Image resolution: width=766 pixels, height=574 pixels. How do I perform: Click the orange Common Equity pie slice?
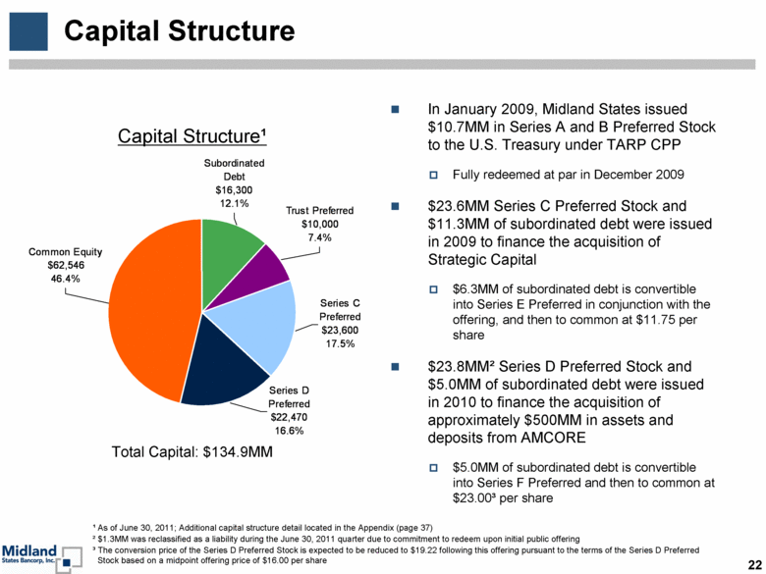pyautogui.click(x=151, y=312)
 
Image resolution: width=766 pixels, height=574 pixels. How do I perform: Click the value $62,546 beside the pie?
pyautogui.click(x=66, y=266)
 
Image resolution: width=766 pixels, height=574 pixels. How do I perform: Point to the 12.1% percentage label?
pyautogui.click(x=234, y=203)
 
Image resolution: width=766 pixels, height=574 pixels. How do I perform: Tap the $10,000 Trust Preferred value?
pyautogui.click(x=320, y=224)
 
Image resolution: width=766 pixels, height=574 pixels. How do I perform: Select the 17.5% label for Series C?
pyautogui.click(x=341, y=344)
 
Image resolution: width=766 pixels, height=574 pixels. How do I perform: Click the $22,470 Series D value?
pyautogui.click(x=289, y=417)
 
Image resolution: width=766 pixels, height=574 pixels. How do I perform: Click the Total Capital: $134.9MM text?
pyautogui.click(x=191, y=452)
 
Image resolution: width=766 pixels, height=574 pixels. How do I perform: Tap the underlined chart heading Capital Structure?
pyautogui.click(x=191, y=136)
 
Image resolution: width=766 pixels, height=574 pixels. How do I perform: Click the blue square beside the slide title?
pyautogui.click(x=28, y=31)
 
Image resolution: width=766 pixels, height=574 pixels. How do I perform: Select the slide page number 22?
pyautogui.click(x=754, y=565)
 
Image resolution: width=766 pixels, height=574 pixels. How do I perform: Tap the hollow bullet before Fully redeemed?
pyautogui.click(x=433, y=175)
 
